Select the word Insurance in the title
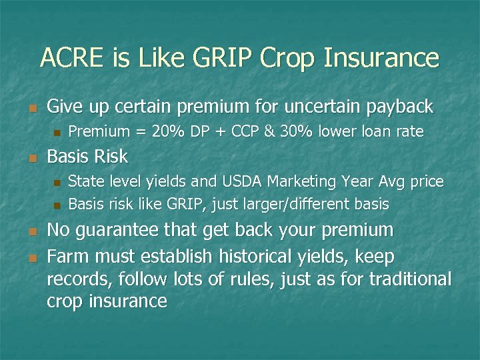381,58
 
